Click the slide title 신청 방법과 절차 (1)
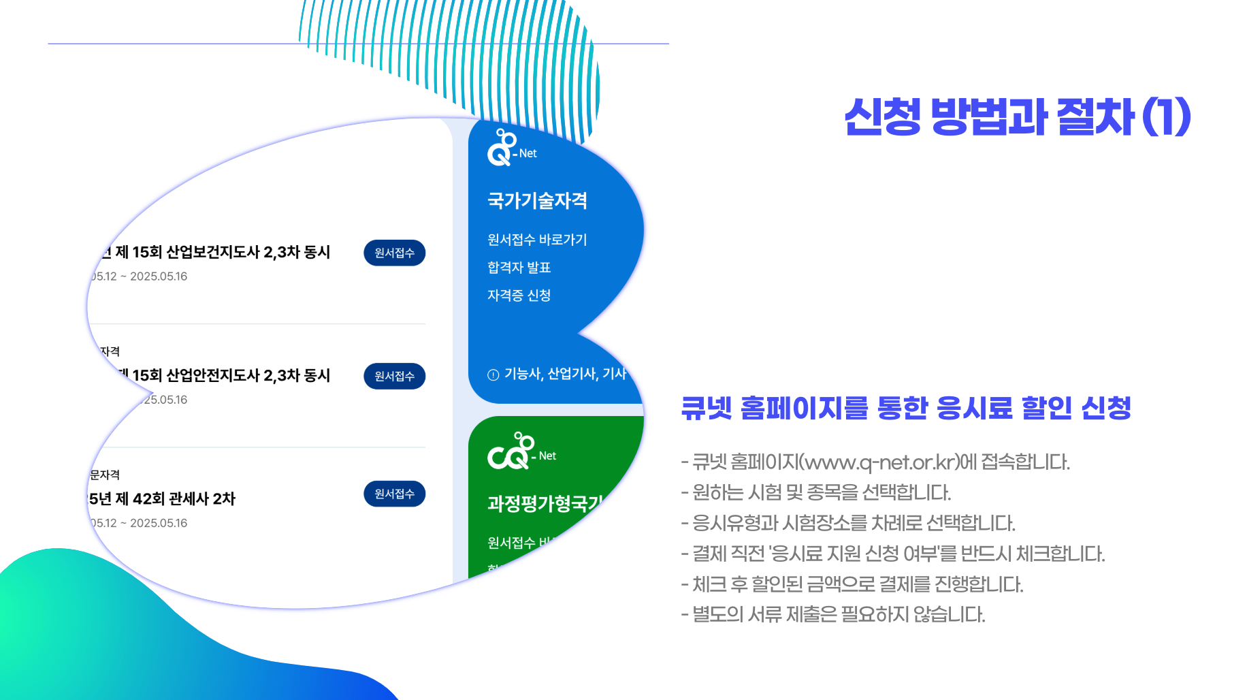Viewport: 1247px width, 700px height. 1017,117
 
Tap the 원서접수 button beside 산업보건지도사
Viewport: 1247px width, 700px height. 394,253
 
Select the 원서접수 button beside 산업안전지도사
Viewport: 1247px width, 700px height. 394,376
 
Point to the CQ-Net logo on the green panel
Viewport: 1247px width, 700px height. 521,451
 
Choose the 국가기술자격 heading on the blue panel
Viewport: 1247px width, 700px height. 537,201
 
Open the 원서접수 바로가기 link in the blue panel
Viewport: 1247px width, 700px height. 536,240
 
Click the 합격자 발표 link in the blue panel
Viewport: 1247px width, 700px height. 519,268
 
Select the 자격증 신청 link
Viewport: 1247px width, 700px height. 519,296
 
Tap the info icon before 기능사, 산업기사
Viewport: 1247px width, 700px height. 493,375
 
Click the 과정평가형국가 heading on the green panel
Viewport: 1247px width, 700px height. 545,503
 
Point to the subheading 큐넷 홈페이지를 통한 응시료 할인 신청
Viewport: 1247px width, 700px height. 905,408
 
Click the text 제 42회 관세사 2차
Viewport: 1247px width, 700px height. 175,499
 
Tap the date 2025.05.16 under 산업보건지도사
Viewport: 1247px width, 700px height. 159,276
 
